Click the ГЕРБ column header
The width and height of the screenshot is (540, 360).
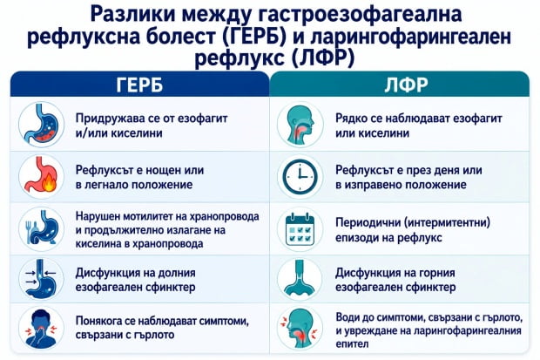pos(139,85)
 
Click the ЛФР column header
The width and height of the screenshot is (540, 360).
pos(407,85)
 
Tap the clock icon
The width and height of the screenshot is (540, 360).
pos(300,177)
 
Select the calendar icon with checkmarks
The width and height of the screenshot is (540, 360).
pos(300,229)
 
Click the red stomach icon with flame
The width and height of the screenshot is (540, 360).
pos(41,175)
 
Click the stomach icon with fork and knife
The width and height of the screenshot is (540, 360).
pos(41,228)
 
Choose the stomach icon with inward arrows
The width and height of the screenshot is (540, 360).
pos(41,279)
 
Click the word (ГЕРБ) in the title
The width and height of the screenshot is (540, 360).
pos(254,37)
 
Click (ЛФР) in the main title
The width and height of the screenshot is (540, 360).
pos(323,58)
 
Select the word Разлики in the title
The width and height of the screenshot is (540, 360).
pos(133,15)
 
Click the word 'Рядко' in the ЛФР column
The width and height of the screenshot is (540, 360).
pos(351,119)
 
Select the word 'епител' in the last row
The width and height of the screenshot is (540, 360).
pos(353,343)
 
